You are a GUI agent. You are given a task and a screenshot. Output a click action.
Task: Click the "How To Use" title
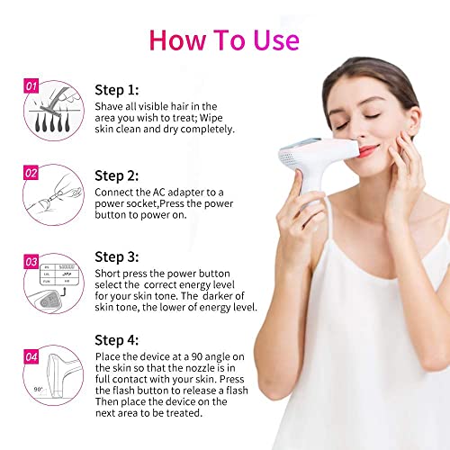pyautogui.click(x=224, y=40)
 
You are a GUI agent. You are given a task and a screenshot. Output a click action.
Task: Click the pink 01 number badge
pyautogui.click(x=31, y=85)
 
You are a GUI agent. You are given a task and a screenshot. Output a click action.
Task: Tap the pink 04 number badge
pyautogui.click(x=31, y=357)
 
